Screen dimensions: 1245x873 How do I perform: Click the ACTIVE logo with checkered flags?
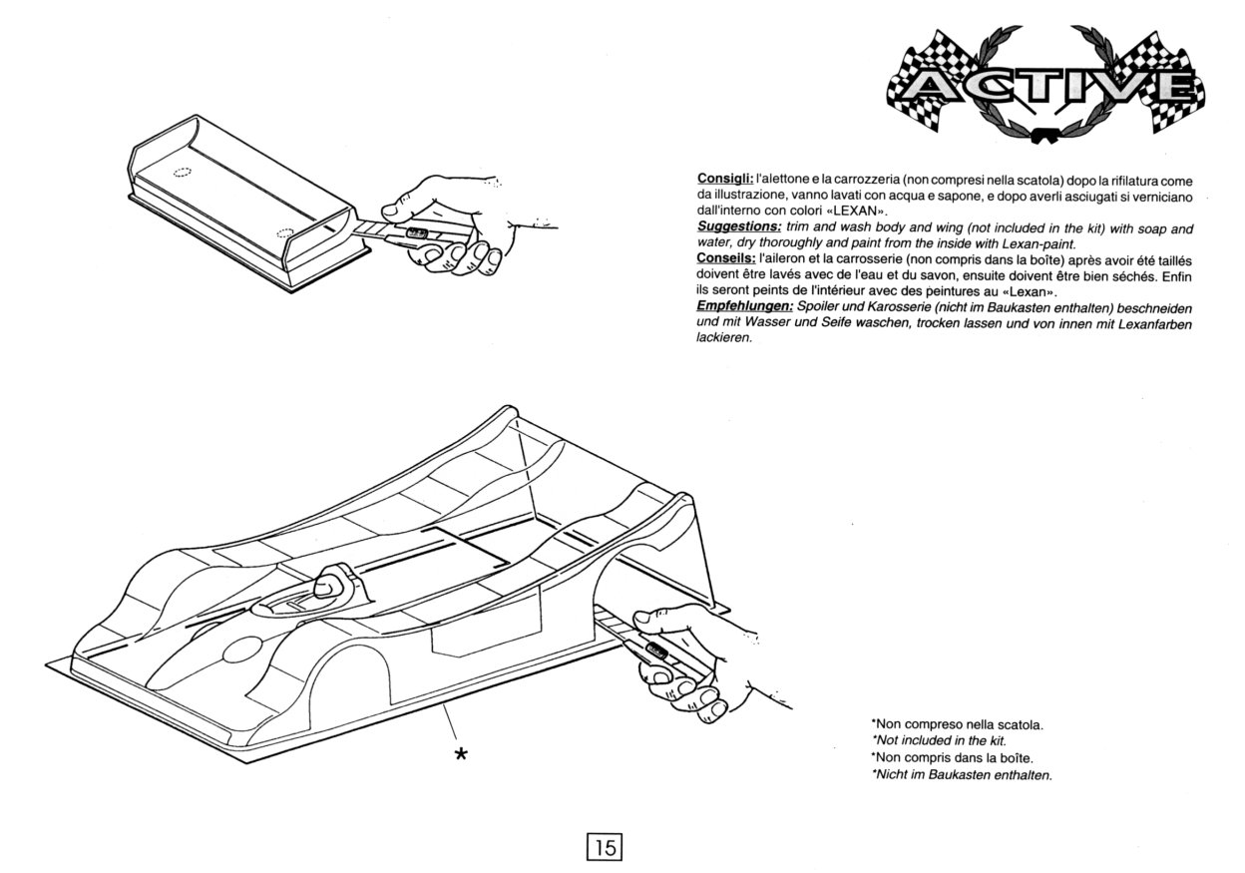pyautogui.click(x=1045, y=84)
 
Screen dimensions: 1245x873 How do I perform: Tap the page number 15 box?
pyautogui.click(x=605, y=847)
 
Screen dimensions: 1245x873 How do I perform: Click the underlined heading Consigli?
pyautogui.click(x=725, y=179)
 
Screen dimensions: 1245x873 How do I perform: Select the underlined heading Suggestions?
pyautogui.click(x=739, y=226)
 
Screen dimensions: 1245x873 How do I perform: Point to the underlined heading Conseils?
pyautogui.click(x=726, y=258)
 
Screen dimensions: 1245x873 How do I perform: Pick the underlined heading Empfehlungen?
pyautogui.click(x=745, y=306)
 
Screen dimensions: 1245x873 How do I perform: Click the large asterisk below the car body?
pyautogui.click(x=461, y=754)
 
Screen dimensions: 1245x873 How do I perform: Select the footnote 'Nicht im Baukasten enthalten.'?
pyautogui.click(x=962, y=774)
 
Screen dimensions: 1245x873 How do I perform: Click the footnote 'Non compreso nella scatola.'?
pyautogui.click(x=958, y=724)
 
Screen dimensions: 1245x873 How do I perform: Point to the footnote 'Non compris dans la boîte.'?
pyautogui.click(x=953, y=757)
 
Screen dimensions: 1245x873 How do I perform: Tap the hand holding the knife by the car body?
pyautogui.click(x=700, y=661)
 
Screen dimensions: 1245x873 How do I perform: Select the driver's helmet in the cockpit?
pyautogui.click(x=330, y=587)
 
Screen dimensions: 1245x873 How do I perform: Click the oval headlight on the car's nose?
pyautogui.click(x=242, y=650)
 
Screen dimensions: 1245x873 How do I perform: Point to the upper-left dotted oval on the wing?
pyautogui.click(x=182, y=172)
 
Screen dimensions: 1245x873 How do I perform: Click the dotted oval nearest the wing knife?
pyautogui.click(x=285, y=232)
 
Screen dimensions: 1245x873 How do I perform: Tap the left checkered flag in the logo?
pyautogui.click(x=927, y=84)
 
